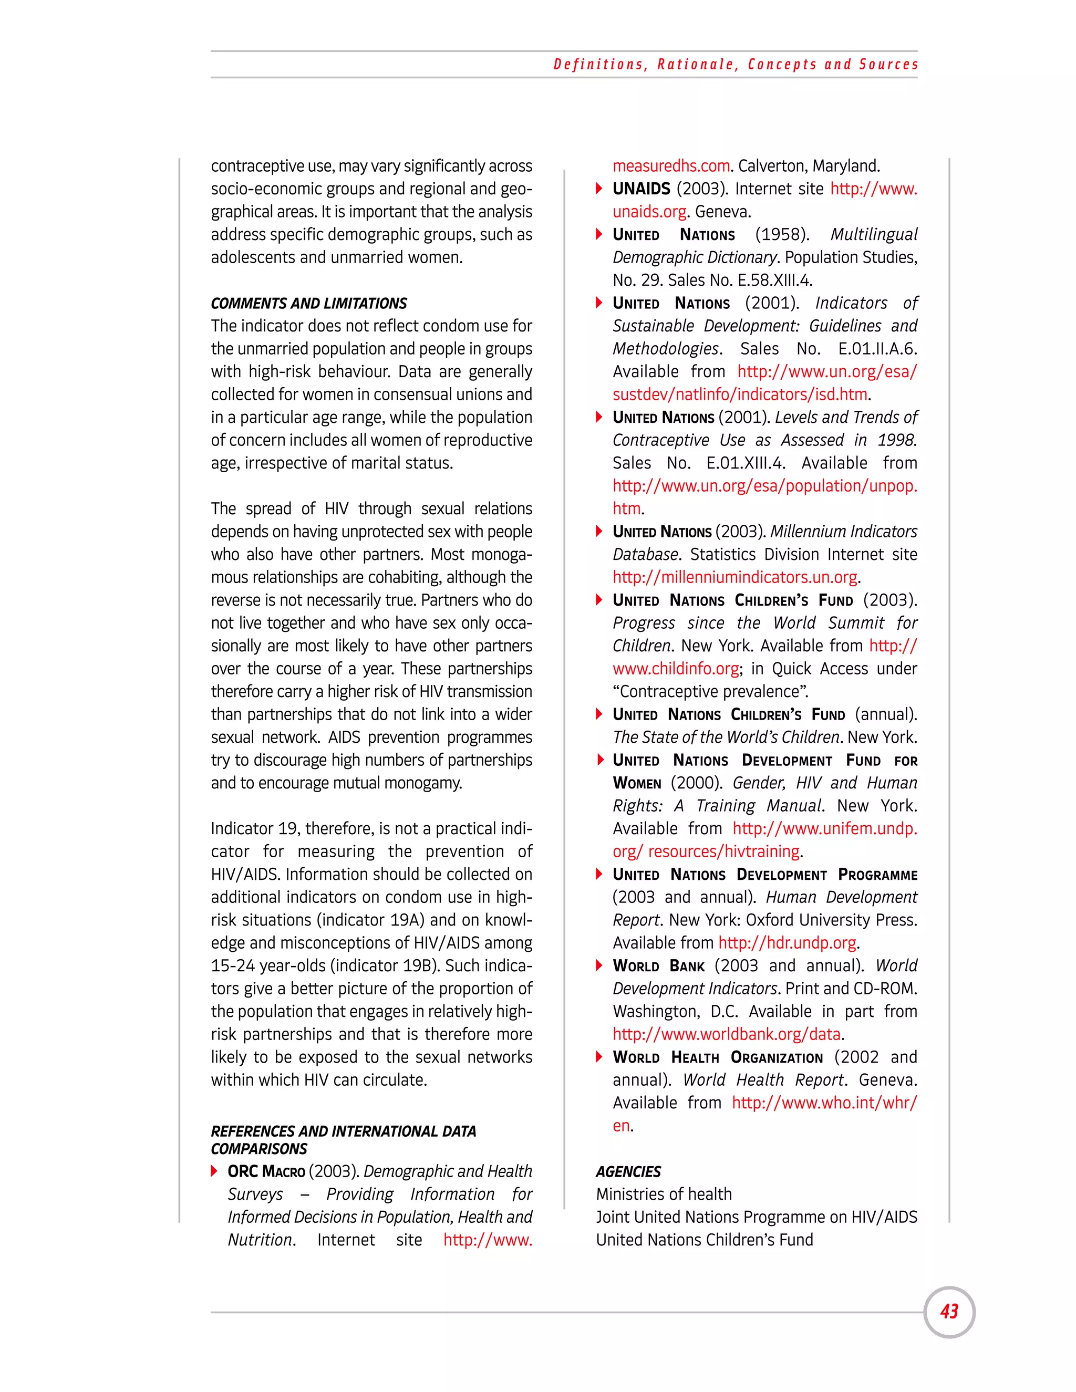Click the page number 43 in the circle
(x=949, y=1311)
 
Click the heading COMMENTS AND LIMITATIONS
(x=308, y=304)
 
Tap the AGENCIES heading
(x=628, y=1171)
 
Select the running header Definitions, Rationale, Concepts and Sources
(x=736, y=65)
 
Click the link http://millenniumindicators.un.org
(x=736, y=577)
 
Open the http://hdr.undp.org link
(x=787, y=943)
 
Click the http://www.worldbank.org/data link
(x=727, y=1034)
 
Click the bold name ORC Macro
(x=266, y=1171)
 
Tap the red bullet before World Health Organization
(x=599, y=1057)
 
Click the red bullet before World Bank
(x=599, y=965)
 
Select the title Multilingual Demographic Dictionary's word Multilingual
(x=873, y=235)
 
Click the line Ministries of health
(x=664, y=1194)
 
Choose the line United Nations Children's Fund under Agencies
(x=705, y=1240)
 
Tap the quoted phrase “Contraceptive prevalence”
(x=710, y=692)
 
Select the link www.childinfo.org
(x=676, y=669)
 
